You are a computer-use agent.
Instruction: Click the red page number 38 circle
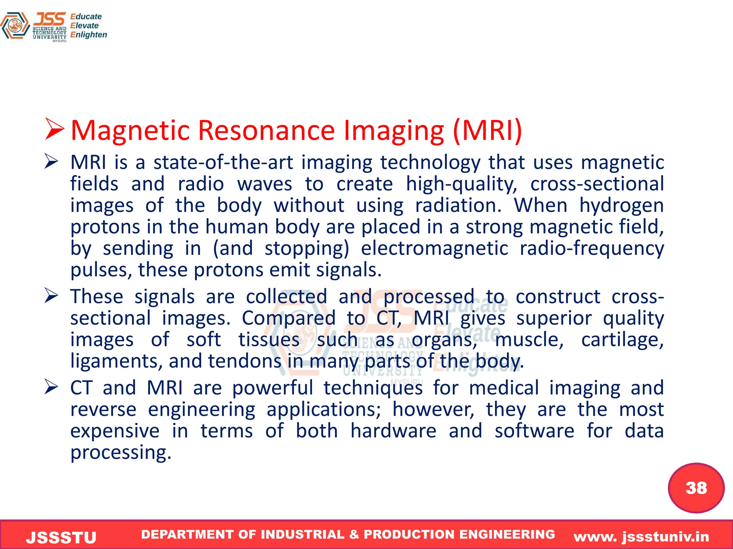click(x=696, y=488)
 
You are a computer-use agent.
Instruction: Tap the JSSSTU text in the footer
click(x=61, y=538)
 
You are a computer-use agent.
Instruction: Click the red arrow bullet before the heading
click(x=54, y=129)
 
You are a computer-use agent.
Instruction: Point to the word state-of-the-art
click(x=223, y=163)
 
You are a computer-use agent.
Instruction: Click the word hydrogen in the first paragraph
click(x=621, y=206)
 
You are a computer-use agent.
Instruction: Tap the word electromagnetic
click(x=434, y=248)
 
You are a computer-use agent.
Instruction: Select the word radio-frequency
click(x=592, y=248)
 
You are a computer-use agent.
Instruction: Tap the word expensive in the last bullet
click(x=115, y=431)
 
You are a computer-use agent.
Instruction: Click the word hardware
click(x=393, y=431)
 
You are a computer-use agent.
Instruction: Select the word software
click(x=534, y=431)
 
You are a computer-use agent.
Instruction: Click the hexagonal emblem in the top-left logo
click(x=15, y=26)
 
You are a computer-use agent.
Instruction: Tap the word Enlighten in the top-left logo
click(x=88, y=35)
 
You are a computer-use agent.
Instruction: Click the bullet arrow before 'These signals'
click(x=52, y=296)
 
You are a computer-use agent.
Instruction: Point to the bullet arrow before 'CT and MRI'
click(x=52, y=387)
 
